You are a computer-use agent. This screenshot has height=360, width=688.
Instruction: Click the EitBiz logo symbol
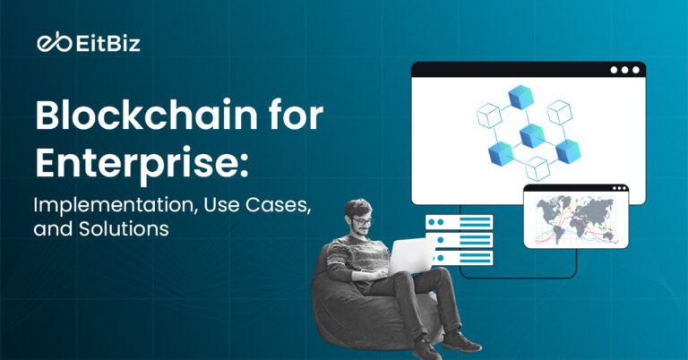point(48,42)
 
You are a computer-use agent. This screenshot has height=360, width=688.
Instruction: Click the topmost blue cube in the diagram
point(520,97)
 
